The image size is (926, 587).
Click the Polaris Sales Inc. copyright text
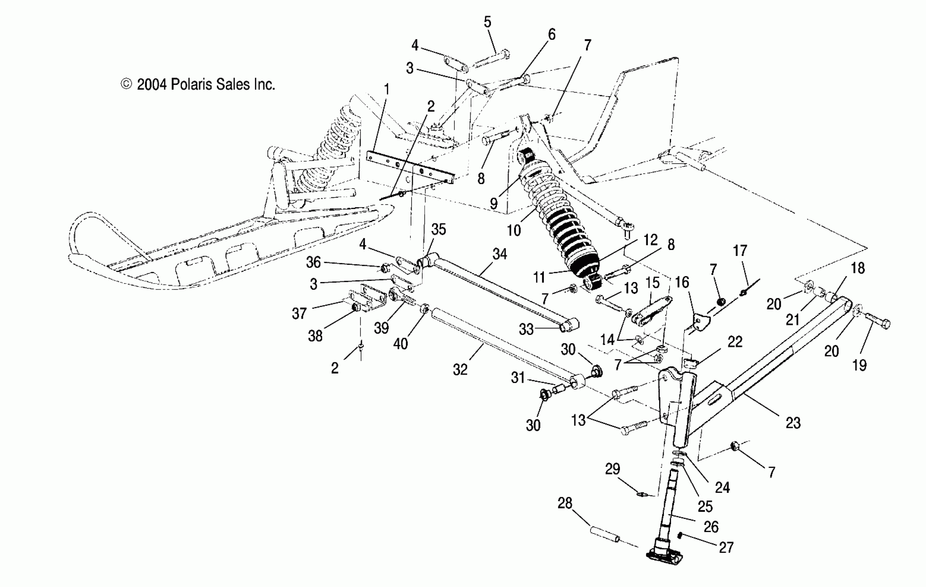pos(198,85)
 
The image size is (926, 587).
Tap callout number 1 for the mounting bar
pos(387,89)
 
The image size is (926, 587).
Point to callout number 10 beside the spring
pos(514,231)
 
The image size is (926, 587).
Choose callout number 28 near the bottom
pos(565,503)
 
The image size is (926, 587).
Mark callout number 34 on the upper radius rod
pos(499,254)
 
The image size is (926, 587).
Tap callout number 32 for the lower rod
pos(460,369)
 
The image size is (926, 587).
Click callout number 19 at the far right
pos(859,365)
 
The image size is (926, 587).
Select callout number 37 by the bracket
pos(299,314)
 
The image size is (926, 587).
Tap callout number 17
pos(740,251)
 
